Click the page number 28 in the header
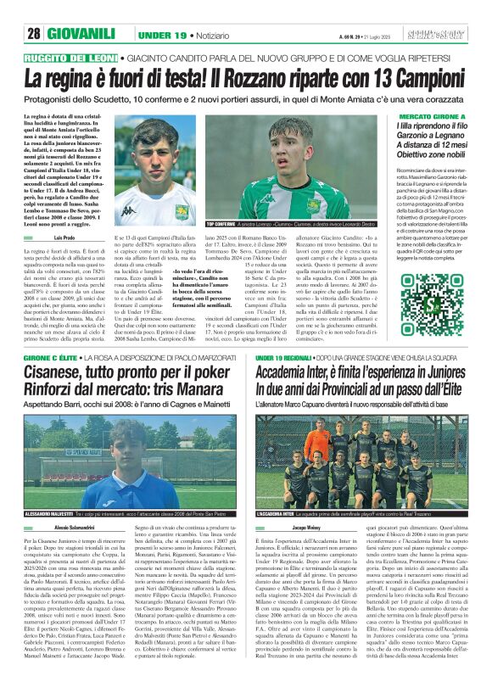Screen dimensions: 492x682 pos(34,34)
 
